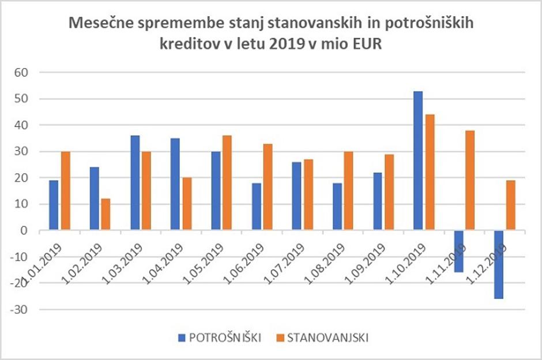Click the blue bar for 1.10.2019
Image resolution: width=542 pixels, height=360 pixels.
click(x=418, y=161)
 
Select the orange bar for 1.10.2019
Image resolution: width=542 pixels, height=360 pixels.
click(x=430, y=172)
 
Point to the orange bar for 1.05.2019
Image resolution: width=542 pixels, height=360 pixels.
click(x=227, y=183)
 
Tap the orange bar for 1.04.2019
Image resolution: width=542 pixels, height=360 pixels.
click(x=186, y=204)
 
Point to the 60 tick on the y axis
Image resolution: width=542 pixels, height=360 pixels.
click(x=21, y=73)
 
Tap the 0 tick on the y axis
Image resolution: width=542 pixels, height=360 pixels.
click(x=24, y=231)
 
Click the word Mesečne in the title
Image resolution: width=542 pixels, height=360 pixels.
click(x=99, y=24)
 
